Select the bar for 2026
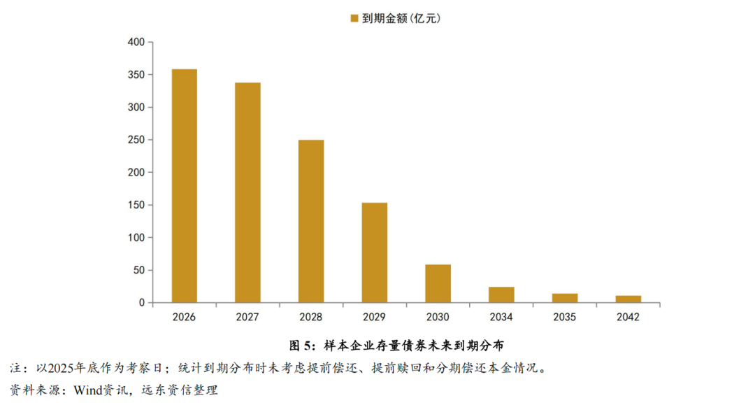(x=185, y=186)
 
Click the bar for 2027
(x=247, y=192)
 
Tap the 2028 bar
(x=311, y=221)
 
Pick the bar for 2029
(x=375, y=253)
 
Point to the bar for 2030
(x=438, y=283)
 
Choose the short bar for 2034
(x=501, y=294)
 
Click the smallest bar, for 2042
(x=628, y=299)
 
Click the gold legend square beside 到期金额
(x=354, y=18)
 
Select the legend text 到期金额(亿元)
(x=401, y=18)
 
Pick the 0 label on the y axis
(x=141, y=303)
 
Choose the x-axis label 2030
(x=438, y=317)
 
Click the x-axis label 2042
(x=628, y=317)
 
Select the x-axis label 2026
(x=185, y=317)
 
